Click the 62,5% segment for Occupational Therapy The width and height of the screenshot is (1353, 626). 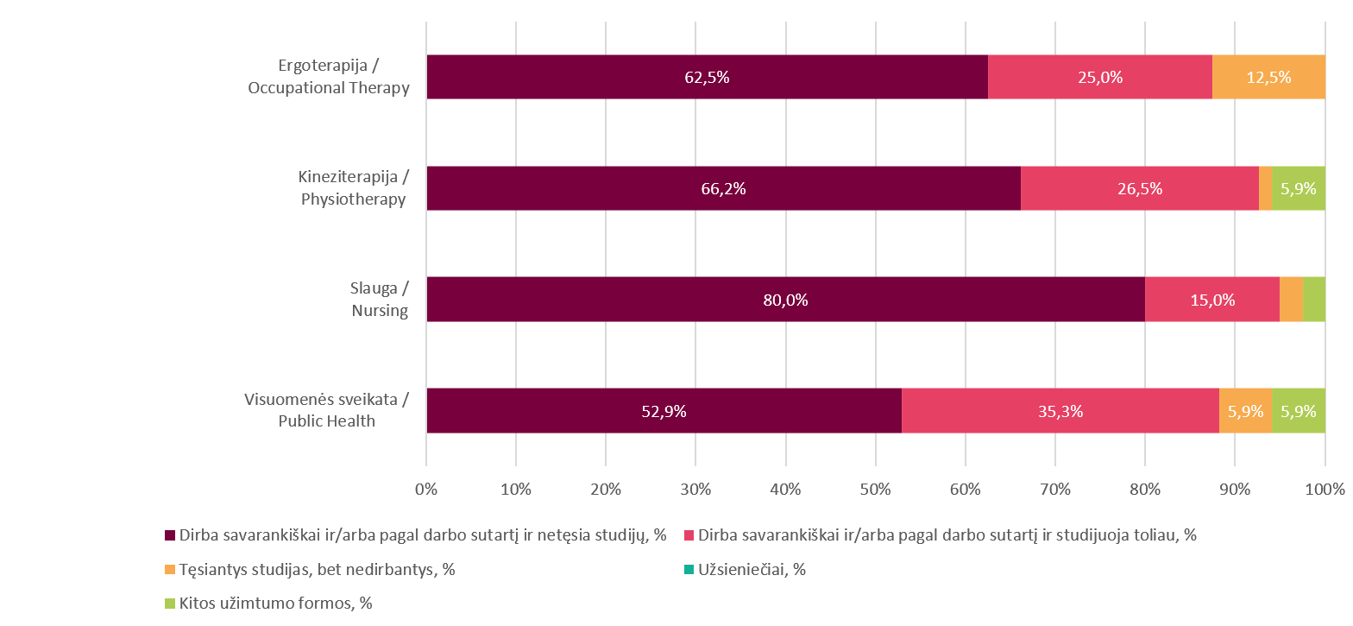(707, 77)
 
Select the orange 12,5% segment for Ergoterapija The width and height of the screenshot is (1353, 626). (1268, 77)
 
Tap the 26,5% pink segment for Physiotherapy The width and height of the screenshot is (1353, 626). (1139, 188)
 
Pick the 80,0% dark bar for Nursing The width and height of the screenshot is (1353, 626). (785, 300)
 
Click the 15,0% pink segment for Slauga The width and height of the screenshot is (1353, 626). (1212, 300)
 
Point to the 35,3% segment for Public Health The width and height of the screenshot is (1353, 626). (1060, 411)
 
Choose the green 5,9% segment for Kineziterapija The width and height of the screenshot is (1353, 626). (1299, 188)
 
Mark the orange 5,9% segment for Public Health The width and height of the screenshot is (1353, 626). (1245, 411)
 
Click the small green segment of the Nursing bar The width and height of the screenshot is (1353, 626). (1313, 300)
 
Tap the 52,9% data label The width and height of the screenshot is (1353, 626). (664, 412)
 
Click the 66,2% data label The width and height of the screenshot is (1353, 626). (723, 189)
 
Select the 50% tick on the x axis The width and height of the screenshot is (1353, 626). (875, 490)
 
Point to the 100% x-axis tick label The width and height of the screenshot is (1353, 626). (1325, 490)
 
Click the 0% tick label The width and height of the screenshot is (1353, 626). (426, 490)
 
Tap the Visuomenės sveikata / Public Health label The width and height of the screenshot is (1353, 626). (326, 410)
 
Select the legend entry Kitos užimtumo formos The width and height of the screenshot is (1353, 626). (275, 604)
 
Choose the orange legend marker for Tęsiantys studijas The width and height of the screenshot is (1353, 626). (169, 570)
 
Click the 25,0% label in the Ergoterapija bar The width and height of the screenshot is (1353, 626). (1099, 77)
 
